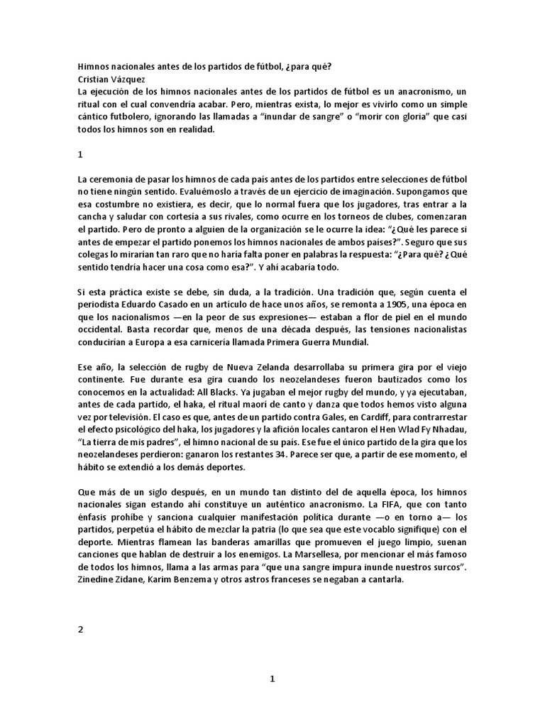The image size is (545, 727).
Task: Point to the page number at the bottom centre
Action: coord(272,679)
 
